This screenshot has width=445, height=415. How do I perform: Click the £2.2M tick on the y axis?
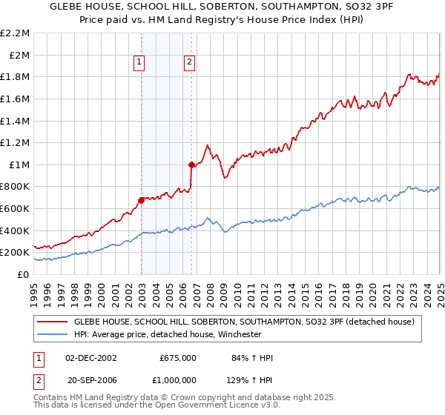click(x=16, y=33)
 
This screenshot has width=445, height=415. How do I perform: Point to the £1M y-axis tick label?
click(x=19, y=165)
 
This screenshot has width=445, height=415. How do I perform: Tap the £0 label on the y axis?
click(x=23, y=274)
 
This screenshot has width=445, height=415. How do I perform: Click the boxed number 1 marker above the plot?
click(x=140, y=63)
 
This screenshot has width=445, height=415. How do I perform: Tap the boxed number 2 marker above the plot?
click(x=190, y=63)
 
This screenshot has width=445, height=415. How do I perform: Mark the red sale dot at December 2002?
click(x=141, y=200)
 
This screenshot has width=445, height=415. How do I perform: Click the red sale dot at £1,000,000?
click(x=191, y=165)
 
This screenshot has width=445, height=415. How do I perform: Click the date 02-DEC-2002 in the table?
click(x=92, y=358)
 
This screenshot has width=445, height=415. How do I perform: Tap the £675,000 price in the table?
click(x=178, y=358)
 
